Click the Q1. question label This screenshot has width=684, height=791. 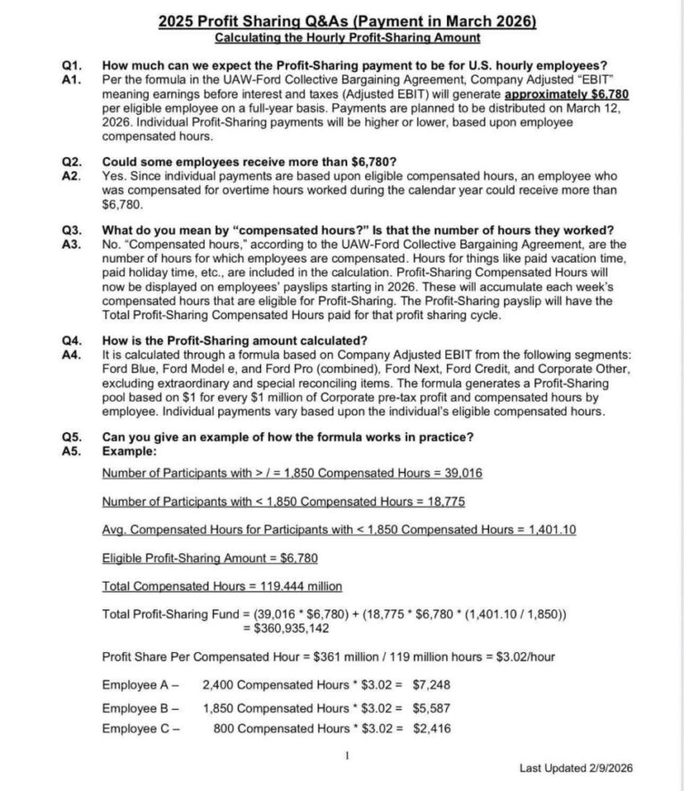[70, 65]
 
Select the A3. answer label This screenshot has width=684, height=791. [70, 243]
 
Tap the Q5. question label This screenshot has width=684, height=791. [70, 436]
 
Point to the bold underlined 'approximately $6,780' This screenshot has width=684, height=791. [555, 94]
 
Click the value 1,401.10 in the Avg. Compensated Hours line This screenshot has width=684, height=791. [552, 529]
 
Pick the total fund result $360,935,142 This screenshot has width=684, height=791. [286, 629]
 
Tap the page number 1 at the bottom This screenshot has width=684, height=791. [348, 754]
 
